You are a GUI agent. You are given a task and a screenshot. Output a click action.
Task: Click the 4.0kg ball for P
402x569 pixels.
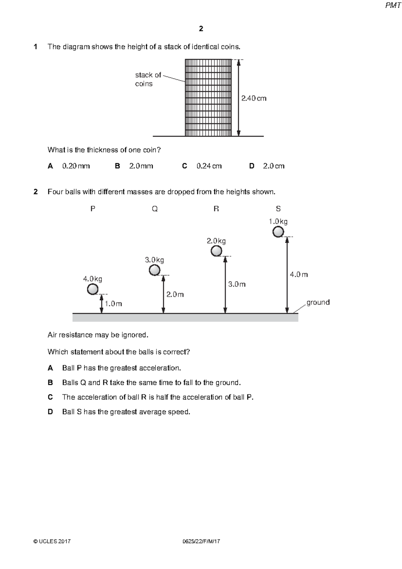(92, 289)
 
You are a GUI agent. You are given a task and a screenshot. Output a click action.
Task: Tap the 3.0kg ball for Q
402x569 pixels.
(154, 270)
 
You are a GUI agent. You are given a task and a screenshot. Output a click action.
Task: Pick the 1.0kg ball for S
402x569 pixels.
(278, 232)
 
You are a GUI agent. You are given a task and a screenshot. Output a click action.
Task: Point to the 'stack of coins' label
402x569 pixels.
(148, 79)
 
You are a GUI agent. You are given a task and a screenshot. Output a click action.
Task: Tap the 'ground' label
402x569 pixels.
(318, 302)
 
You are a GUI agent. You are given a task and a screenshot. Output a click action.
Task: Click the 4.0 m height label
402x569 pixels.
(299, 274)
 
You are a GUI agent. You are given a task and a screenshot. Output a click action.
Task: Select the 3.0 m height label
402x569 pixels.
(237, 284)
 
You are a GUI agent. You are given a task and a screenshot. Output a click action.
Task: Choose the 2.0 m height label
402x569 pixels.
(175, 294)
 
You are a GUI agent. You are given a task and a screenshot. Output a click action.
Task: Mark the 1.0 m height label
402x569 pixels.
(113, 304)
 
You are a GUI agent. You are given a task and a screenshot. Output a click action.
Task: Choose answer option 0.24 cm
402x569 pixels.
(209, 166)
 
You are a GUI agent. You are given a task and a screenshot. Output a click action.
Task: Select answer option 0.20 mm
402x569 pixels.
(76, 166)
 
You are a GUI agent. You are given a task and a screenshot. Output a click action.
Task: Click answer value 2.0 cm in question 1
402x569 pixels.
(274, 166)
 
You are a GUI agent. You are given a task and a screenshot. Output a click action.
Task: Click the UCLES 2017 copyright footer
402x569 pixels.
(52, 541)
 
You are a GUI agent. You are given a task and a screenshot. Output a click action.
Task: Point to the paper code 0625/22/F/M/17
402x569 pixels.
(201, 541)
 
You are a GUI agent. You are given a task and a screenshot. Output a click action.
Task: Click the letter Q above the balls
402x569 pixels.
(154, 209)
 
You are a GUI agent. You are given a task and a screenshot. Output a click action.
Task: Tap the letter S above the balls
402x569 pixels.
(278, 209)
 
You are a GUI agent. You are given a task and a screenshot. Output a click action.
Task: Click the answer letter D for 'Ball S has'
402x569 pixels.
(50, 412)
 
